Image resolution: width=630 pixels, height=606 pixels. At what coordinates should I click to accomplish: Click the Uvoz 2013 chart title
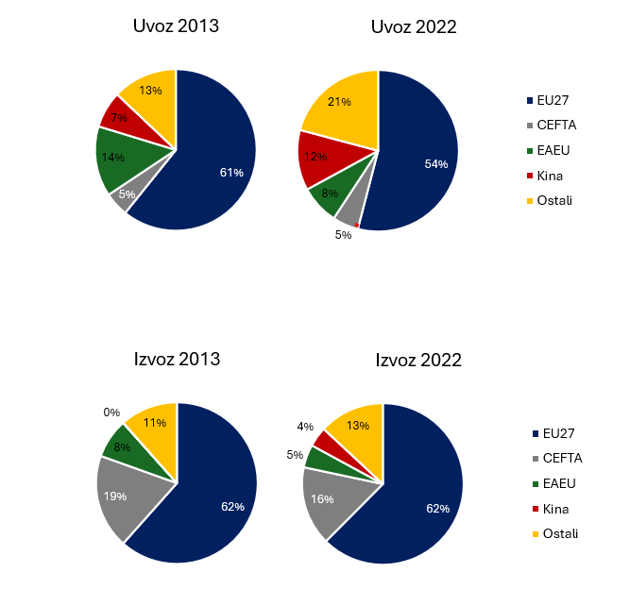coord(176,25)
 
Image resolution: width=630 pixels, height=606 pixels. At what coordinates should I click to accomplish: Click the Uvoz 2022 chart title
coord(413,26)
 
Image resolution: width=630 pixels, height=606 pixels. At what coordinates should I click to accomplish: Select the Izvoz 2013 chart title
coord(177,359)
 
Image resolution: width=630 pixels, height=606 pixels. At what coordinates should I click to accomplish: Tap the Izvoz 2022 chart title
coord(418,360)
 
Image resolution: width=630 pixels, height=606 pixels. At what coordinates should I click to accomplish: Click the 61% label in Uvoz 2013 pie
coord(231,173)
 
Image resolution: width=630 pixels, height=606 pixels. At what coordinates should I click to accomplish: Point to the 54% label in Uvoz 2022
coord(436,164)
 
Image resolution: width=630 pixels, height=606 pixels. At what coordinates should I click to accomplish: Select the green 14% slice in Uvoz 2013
coord(118,157)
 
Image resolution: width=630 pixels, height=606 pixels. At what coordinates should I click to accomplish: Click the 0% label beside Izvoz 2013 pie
coord(111,412)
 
